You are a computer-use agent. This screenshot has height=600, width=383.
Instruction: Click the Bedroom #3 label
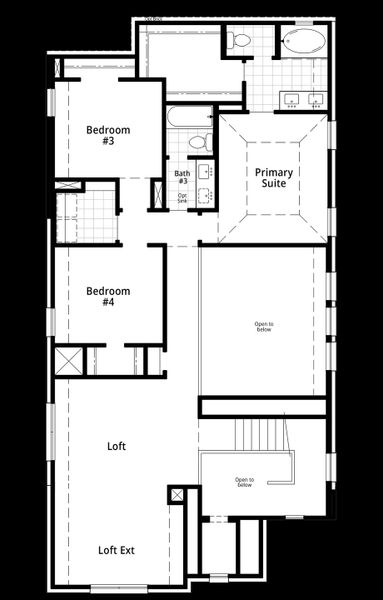tap(107, 135)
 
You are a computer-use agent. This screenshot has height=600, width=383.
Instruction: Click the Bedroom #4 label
tap(107, 296)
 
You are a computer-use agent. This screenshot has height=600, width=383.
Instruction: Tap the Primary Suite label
tap(273, 178)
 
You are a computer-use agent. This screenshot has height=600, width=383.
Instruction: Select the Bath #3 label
tap(182, 177)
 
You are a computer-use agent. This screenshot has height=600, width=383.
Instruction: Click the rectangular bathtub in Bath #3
tap(189, 117)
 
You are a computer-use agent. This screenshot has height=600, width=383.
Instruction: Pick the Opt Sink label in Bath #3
tap(182, 198)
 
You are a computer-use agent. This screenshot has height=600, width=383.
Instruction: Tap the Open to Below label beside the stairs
tap(244, 482)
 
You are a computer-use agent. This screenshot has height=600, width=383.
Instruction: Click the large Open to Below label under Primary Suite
tap(263, 327)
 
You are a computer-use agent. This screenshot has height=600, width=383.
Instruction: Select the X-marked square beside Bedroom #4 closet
tap(67, 360)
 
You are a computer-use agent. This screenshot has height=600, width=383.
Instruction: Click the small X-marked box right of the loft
tap(176, 495)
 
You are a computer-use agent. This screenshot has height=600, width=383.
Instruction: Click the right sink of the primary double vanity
tap(316, 98)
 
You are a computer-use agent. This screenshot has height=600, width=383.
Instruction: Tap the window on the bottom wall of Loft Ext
tap(116, 586)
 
